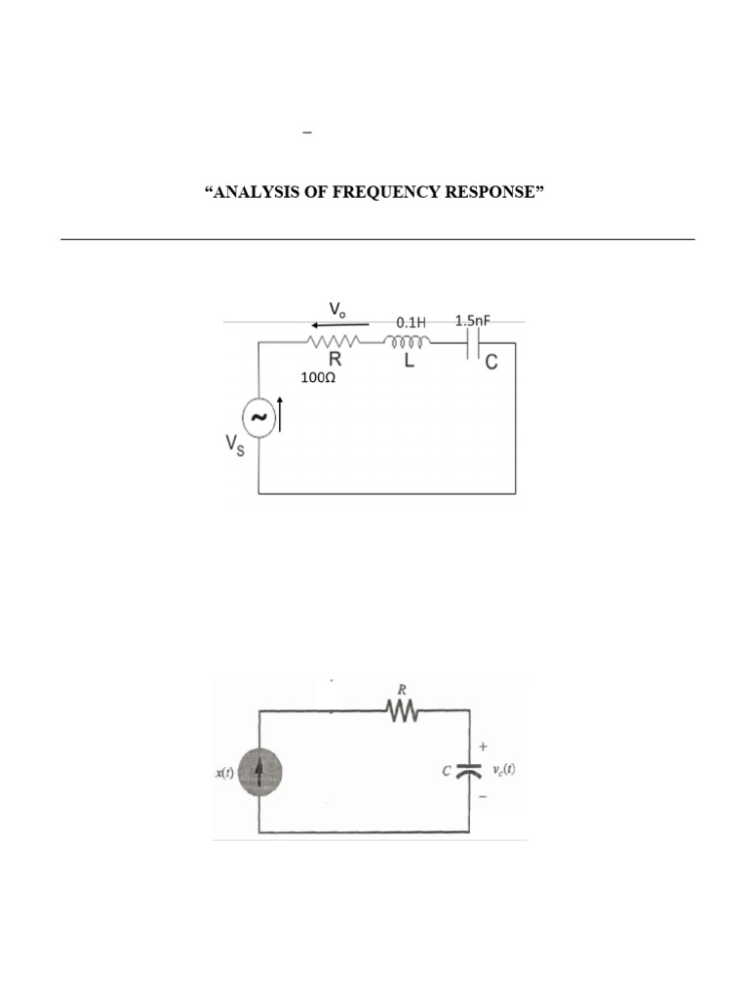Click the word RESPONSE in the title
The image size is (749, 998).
(x=489, y=192)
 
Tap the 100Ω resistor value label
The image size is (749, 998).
(x=318, y=377)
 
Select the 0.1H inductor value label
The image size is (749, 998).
(x=411, y=321)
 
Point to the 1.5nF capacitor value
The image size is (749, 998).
(x=478, y=320)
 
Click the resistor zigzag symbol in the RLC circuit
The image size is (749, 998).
(x=334, y=342)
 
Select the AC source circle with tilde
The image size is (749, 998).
(x=258, y=417)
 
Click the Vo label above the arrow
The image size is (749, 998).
(x=337, y=309)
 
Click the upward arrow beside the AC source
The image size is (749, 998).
(x=281, y=414)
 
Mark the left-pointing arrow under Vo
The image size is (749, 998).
(x=339, y=325)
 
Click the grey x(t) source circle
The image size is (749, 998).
(x=258, y=772)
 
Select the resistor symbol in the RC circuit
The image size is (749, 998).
(x=403, y=711)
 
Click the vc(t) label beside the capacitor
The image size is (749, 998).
(x=503, y=770)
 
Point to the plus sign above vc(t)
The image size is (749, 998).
(x=483, y=747)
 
